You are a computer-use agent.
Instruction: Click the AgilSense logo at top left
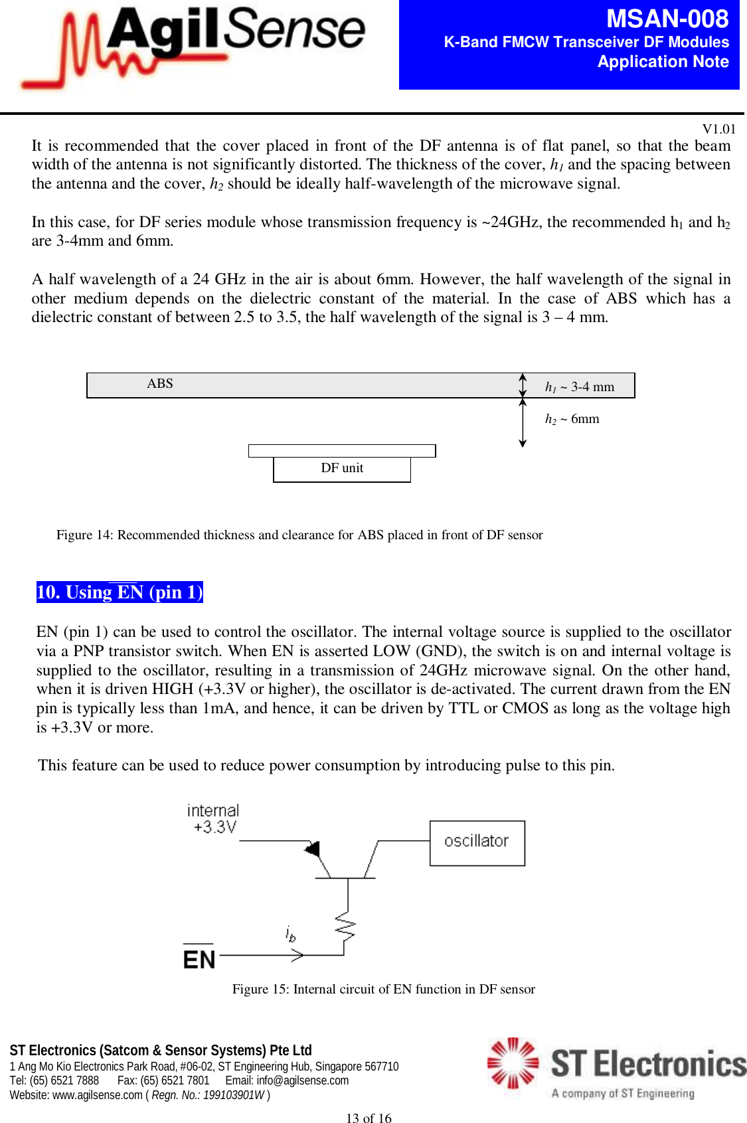193,46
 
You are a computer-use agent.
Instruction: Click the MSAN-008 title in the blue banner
667,19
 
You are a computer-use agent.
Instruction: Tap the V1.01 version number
718,129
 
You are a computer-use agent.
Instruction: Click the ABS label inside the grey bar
160,384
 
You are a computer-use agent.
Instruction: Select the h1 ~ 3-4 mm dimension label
580,387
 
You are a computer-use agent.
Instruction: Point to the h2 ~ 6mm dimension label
572,419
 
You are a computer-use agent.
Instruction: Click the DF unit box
342,468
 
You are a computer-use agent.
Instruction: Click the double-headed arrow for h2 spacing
523,422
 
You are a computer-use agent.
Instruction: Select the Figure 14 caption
299,535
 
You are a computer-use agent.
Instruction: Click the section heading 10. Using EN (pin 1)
120,592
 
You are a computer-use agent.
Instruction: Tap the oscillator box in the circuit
477,842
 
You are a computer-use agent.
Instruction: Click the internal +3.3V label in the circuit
213,819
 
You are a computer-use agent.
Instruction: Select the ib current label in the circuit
290,934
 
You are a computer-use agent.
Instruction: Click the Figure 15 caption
383,990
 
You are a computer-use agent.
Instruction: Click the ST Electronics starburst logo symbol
513,1063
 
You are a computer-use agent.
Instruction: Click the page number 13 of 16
369,1118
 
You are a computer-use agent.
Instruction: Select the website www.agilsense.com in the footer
97,1095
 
